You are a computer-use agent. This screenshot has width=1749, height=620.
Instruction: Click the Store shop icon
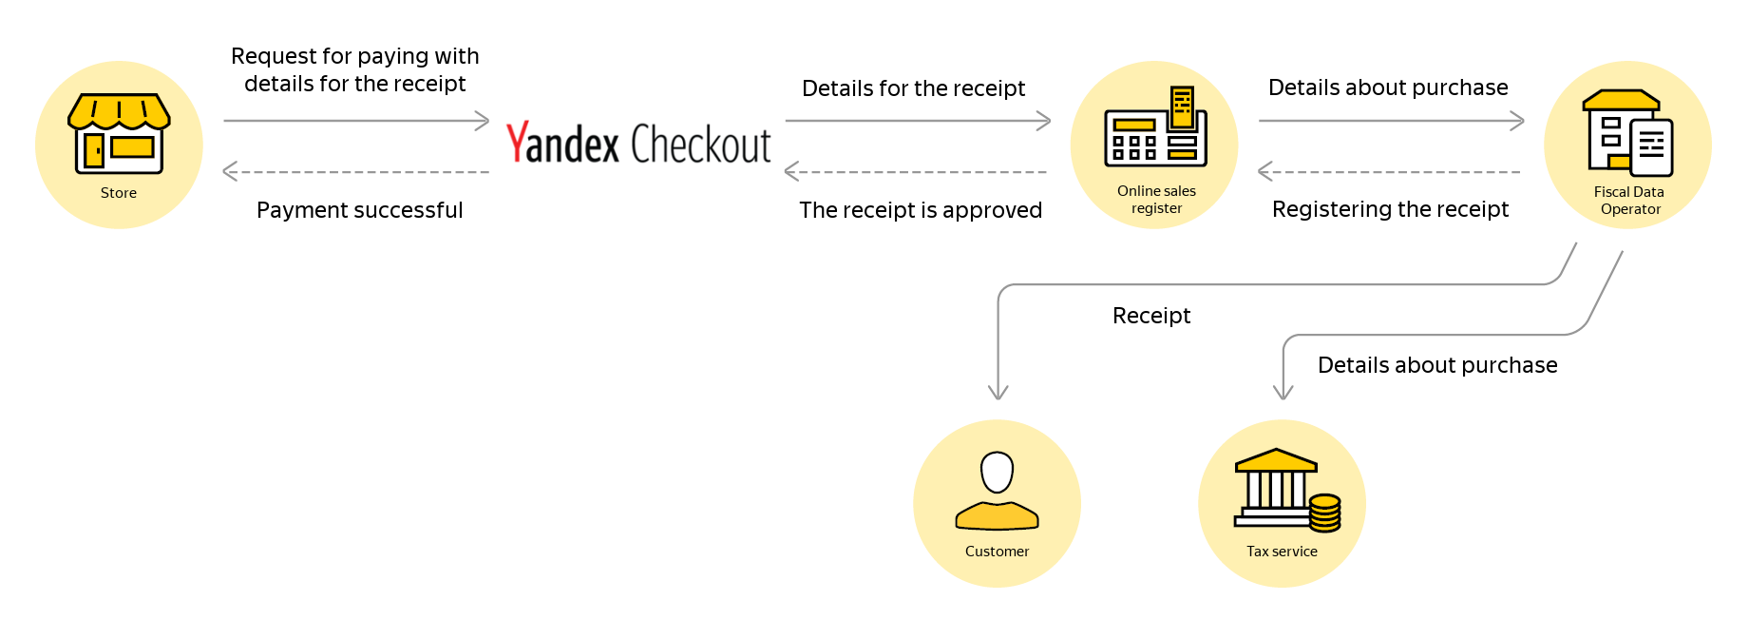pos(119,133)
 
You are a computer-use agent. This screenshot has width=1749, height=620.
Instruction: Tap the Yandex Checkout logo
pos(638,144)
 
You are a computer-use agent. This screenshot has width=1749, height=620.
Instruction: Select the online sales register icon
pos(1155,126)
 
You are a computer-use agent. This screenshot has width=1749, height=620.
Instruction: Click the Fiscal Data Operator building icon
pos(1627,133)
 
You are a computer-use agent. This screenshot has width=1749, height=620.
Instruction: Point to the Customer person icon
pos(997,491)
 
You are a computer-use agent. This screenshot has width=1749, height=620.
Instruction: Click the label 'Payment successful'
pos(360,210)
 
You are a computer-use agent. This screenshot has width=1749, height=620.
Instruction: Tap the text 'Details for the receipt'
pos(914,88)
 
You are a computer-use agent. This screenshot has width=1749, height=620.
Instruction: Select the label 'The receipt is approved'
pos(921,210)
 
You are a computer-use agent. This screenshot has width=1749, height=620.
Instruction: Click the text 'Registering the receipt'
pos(1390,209)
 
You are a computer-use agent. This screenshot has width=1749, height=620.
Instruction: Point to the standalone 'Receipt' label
pos(1151,316)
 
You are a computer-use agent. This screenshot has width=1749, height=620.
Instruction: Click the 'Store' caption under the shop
pos(119,193)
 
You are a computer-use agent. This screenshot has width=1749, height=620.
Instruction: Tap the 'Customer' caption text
pos(997,552)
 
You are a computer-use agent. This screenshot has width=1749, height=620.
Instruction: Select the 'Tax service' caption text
pos(1282,552)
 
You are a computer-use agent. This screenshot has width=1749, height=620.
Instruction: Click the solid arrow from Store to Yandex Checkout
pos(356,121)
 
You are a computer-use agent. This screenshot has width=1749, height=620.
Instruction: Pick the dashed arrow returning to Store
pos(356,172)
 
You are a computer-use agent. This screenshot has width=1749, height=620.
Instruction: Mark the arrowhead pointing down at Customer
pos(998,393)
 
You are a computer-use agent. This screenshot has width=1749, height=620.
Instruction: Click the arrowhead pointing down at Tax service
pos(1283,393)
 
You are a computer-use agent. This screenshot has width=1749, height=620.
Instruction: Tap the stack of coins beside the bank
pos(1324,513)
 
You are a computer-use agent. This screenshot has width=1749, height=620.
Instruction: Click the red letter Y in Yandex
pos(517,143)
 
